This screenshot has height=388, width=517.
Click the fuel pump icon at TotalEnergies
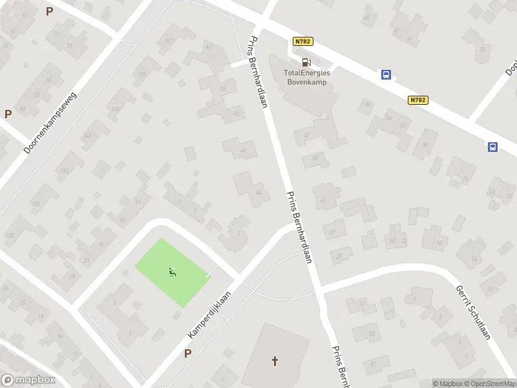[x=306, y=62]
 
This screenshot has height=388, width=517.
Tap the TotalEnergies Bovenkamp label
[x=308, y=78]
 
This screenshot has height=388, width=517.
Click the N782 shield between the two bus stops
[x=418, y=100]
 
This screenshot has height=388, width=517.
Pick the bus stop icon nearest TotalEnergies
[x=386, y=74]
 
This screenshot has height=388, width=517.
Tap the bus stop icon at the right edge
[x=492, y=147]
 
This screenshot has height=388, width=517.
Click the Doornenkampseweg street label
[x=50, y=123]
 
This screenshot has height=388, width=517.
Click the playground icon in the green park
[x=172, y=272]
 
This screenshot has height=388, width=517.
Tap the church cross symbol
[x=275, y=360]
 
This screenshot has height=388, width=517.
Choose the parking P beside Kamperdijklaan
[x=188, y=353]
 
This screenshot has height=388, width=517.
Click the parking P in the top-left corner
[x=50, y=11]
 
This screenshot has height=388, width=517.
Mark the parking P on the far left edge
[x=8, y=114]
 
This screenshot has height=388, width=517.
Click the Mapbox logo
[x=28, y=380]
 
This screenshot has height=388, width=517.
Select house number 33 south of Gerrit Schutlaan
[x=372, y=334]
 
